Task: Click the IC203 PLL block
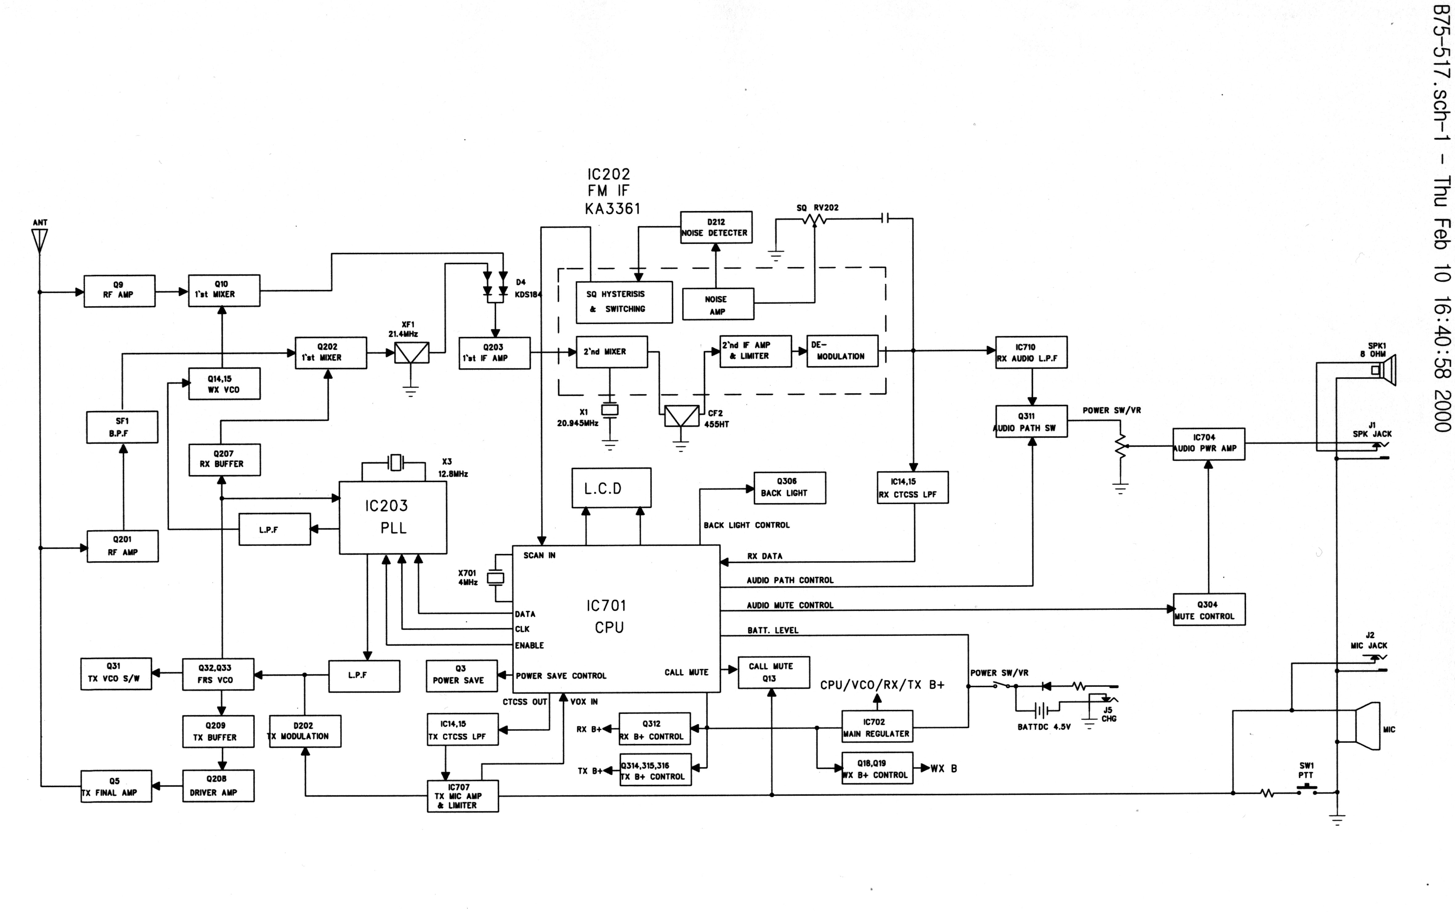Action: point(393,517)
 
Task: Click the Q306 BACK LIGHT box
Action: point(789,487)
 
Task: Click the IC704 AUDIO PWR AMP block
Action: point(1208,444)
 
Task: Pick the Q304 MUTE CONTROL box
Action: point(1209,610)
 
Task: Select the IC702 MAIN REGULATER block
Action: point(877,727)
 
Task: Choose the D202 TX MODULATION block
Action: point(305,731)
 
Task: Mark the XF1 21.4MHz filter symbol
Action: point(411,353)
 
